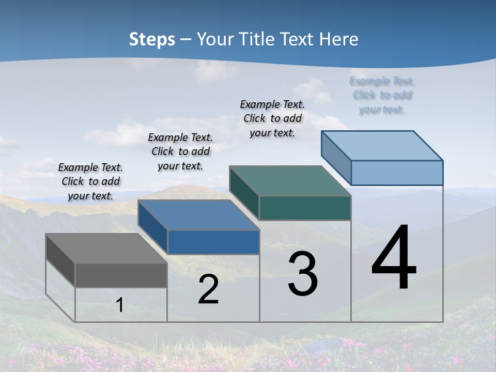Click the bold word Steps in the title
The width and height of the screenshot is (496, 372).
pos(151,39)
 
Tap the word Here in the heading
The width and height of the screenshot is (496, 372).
pos(339,39)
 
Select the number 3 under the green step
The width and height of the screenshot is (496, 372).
pos(303,274)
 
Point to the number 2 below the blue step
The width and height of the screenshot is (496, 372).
pos(208,289)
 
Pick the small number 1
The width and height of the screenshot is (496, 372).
pos(120,305)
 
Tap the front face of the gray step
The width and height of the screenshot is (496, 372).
pos(121,275)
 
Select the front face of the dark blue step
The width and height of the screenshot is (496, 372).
pos(213,242)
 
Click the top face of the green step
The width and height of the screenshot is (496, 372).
pos(290,181)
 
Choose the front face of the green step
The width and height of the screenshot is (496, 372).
pos(305,208)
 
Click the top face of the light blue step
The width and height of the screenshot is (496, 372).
pos(382,146)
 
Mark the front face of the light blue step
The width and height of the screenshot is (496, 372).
pos(397,173)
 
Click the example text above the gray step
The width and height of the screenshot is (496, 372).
pos(90,181)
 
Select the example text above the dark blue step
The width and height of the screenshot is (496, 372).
pos(180,151)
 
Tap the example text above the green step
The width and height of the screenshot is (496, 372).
pos(272,118)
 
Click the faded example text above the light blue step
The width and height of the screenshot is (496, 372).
pos(382,95)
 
